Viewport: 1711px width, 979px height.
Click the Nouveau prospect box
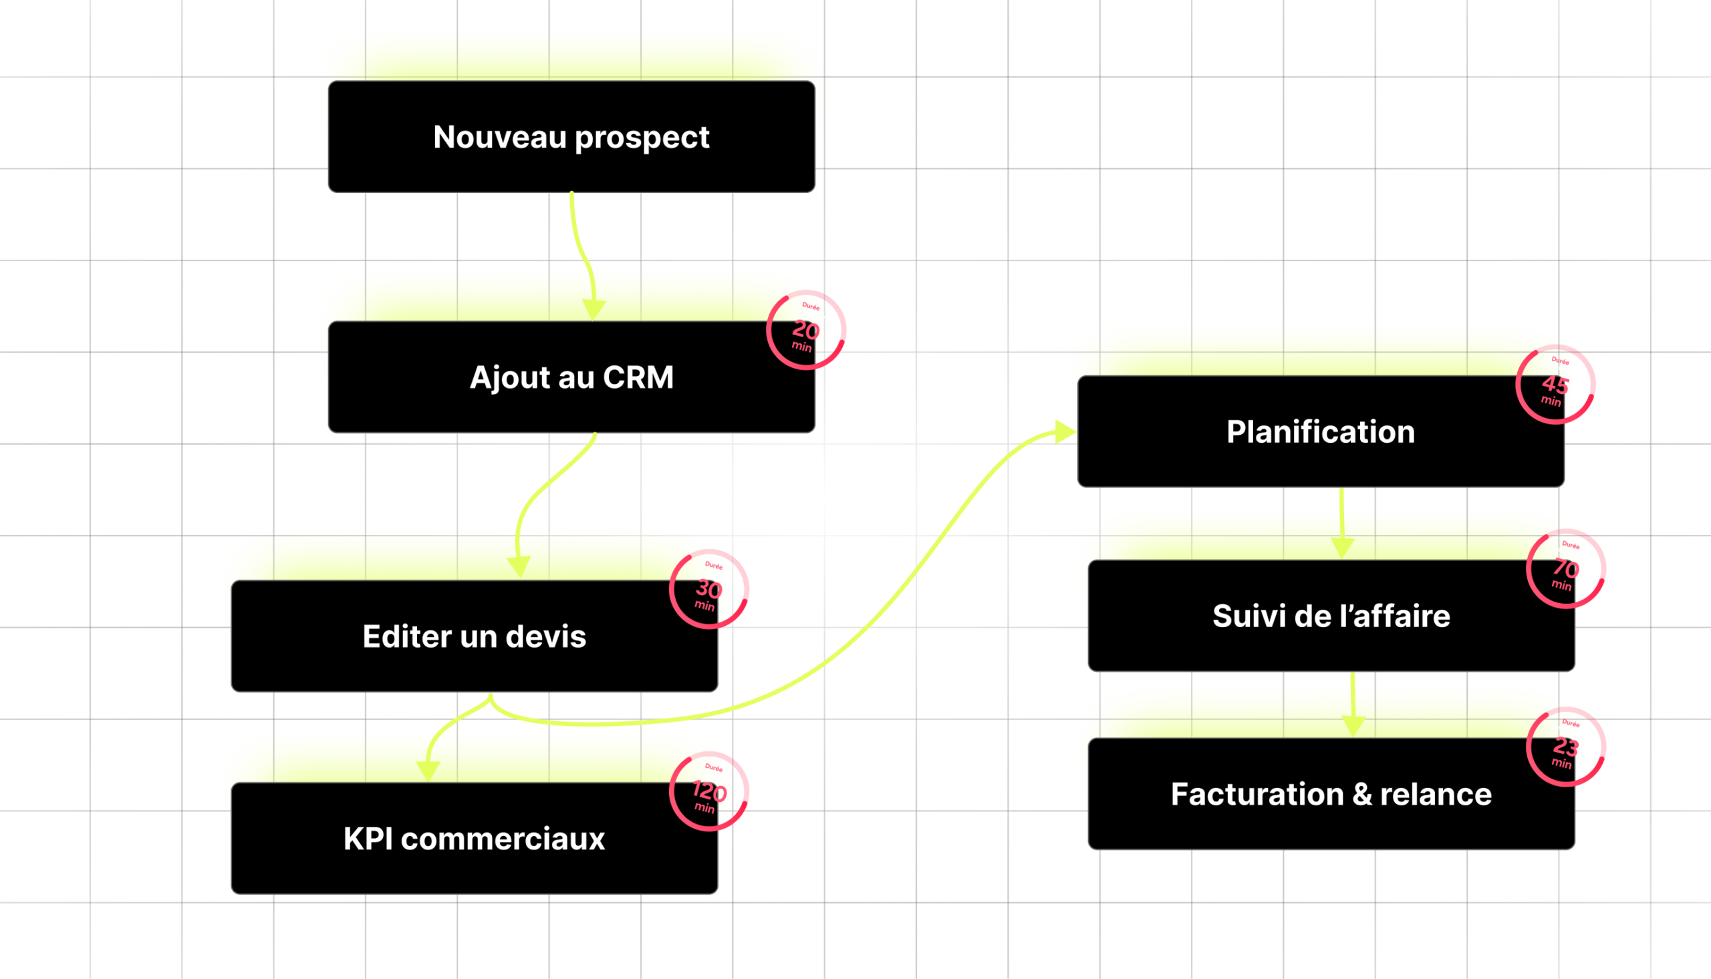click(x=571, y=137)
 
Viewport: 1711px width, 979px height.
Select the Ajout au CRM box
click(x=571, y=377)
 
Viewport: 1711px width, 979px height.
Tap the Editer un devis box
click(x=475, y=636)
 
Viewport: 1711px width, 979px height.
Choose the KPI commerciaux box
click(x=475, y=839)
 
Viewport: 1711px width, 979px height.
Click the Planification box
click(x=1320, y=431)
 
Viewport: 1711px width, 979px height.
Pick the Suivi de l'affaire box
click(x=1331, y=616)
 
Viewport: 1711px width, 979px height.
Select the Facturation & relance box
click(x=1331, y=794)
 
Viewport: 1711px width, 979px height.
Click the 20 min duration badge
click(x=805, y=330)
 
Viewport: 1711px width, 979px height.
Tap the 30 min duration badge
click(x=708, y=590)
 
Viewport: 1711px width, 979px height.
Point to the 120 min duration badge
click(x=708, y=791)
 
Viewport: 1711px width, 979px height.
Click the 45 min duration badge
click(x=1555, y=385)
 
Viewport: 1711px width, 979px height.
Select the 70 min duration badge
click(x=1566, y=569)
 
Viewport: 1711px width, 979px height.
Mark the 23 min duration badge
click(x=1566, y=747)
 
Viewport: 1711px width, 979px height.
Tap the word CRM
click(x=638, y=377)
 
